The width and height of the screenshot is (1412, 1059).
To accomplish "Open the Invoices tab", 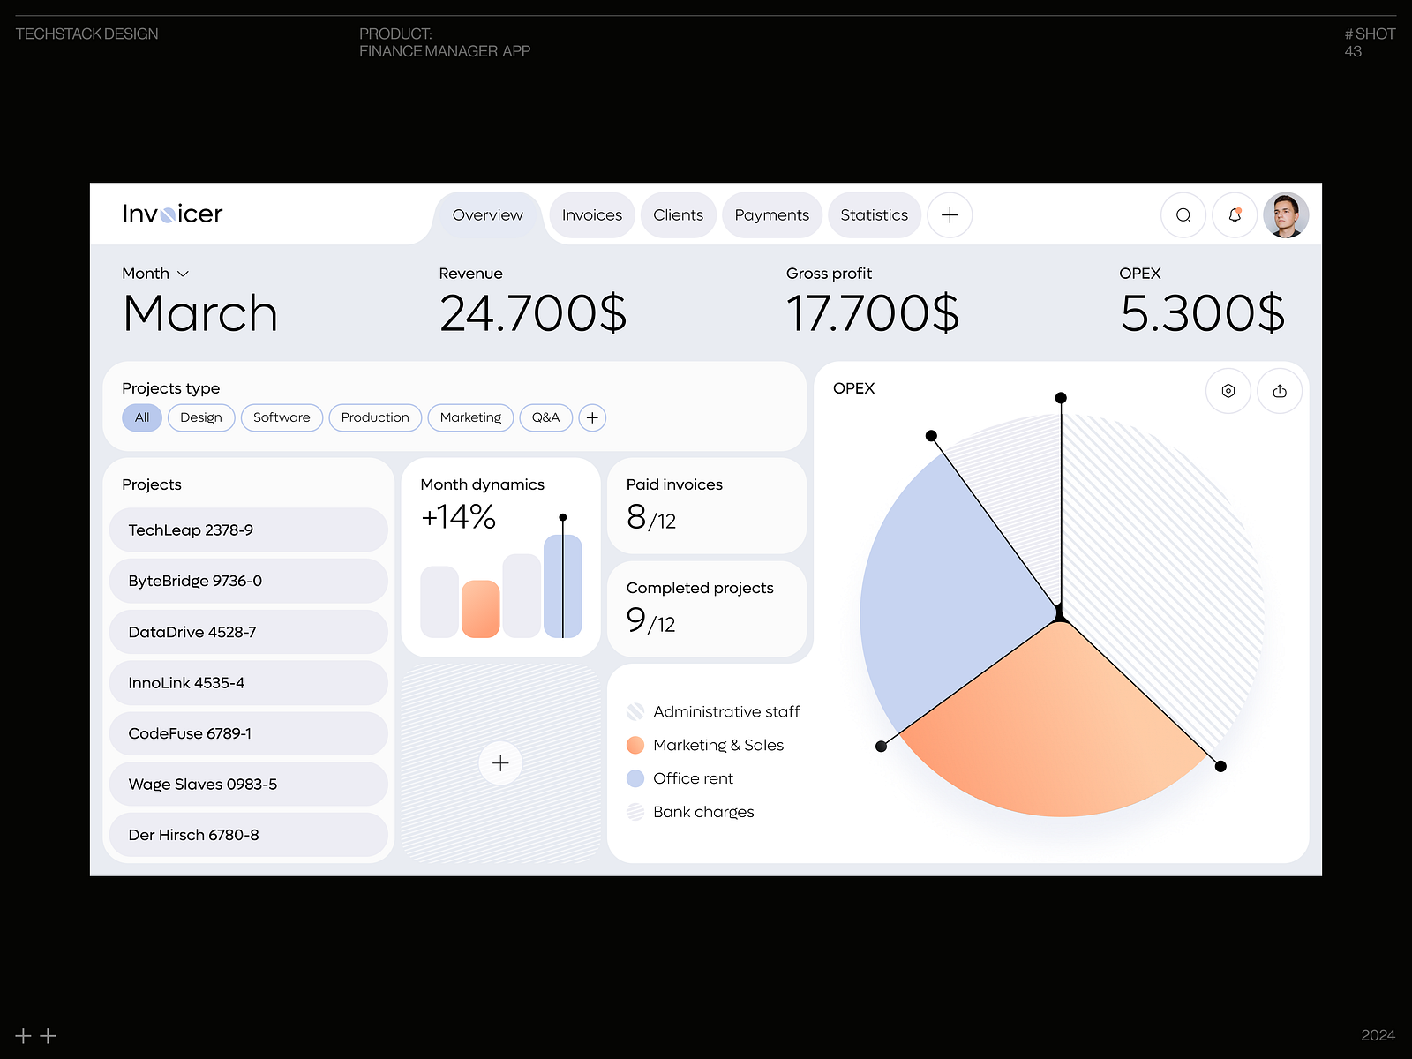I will pos(591,215).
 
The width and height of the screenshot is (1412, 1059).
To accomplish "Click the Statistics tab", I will pos(874,215).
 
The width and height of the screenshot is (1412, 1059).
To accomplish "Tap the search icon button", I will pos(1183,215).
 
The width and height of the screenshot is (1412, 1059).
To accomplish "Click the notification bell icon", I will pos(1235,215).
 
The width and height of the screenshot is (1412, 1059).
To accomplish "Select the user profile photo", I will pos(1286,215).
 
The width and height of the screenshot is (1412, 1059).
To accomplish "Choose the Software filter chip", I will pos(282,417).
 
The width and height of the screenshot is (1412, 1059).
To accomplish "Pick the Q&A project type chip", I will pos(545,417).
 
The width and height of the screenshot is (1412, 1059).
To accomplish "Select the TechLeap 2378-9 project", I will pos(248,530).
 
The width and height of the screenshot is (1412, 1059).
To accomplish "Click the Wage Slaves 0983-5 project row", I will pos(248,785).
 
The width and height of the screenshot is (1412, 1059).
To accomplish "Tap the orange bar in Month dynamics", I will pos(480,609).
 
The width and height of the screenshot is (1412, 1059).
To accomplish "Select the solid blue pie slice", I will pos(944,600).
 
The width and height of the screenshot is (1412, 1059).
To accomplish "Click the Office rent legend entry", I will pos(693,778).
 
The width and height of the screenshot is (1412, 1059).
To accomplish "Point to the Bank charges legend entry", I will pos(702,812).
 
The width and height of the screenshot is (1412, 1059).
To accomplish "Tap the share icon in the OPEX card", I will pos(1280,391).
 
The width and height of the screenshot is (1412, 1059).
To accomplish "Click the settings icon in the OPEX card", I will pos(1228,391).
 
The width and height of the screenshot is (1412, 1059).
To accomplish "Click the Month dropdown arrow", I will pos(184,274).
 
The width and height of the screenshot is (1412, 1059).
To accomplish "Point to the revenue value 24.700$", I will pos(533,314).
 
